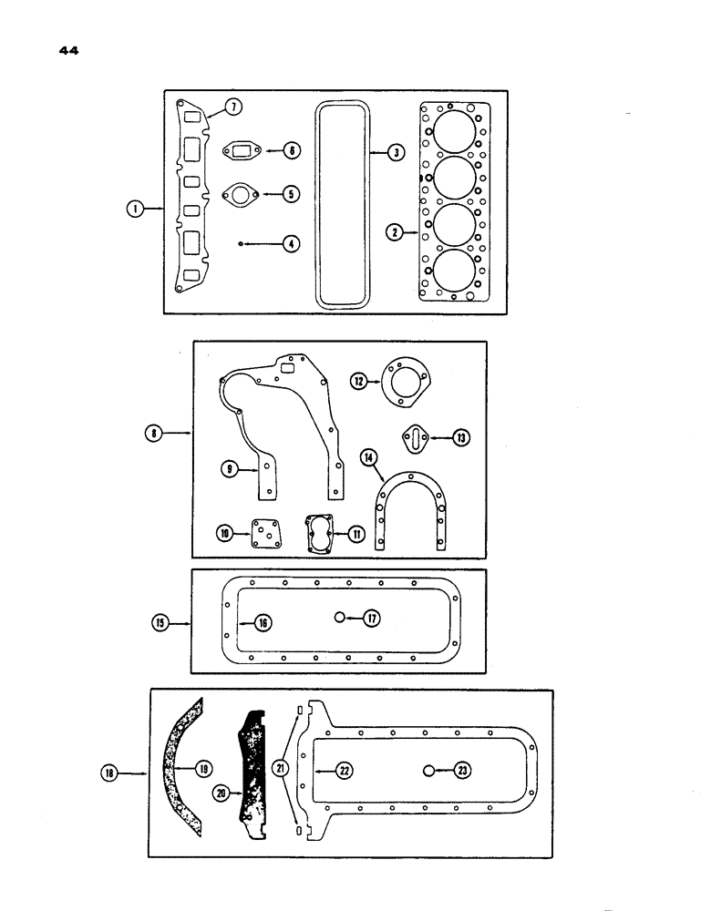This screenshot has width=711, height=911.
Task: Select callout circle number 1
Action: (x=136, y=210)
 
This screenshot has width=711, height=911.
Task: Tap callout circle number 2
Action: (x=394, y=233)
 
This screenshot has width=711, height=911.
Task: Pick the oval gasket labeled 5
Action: (x=242, y=150)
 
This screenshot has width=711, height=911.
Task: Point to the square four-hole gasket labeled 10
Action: (x=322, y=532)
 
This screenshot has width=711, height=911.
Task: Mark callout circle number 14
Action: (x=339, y=618)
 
